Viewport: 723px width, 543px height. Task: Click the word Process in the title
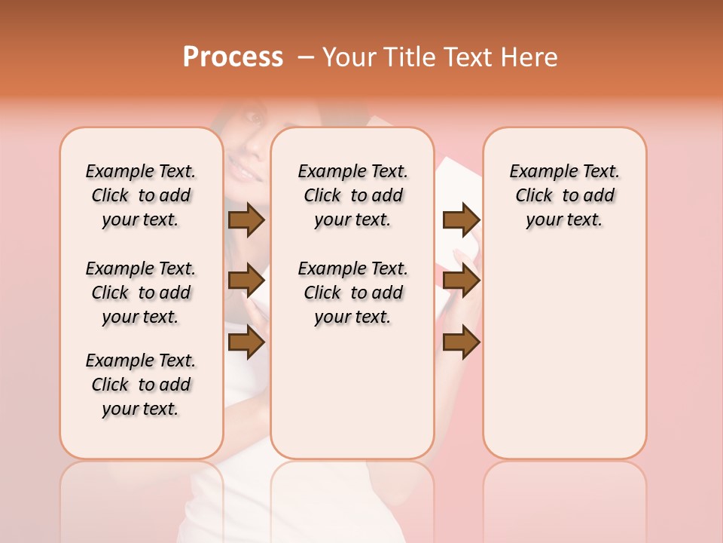tap(233, 57)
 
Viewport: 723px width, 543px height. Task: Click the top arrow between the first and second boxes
tap(246, 219)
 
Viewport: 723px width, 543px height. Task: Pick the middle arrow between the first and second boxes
tap(246, 281)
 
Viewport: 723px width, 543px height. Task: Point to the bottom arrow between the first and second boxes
tap(246, 342)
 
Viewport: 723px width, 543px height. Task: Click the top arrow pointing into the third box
tap(461, 219)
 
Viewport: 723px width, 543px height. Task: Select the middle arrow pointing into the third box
tap(461, 281)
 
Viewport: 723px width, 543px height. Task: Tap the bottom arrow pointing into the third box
tap(461, 342)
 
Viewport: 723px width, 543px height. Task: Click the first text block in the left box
tap(141, 195)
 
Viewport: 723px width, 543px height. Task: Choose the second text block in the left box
tap(141, 293)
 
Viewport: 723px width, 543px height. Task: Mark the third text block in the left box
tap(141, 385)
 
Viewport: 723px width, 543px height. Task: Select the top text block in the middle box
tap(352, 195)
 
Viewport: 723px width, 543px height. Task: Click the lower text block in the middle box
tap(352, 293)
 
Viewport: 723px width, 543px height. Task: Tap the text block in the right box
tap(564, 195)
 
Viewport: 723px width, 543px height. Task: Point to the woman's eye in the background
tap(255, 120)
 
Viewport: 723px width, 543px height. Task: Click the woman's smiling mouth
tap(243, 173)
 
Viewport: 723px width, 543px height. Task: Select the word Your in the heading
tap(349, 57)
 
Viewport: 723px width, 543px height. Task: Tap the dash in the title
tap(305, 57)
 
